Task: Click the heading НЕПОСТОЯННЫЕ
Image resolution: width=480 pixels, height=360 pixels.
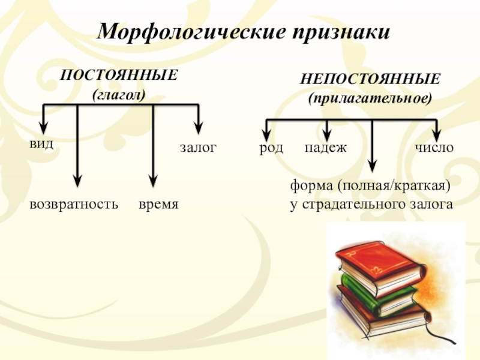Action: [371, 79]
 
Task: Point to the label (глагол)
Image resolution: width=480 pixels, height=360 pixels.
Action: [119, 94]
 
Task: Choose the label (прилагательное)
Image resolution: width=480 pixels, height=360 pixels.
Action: [370, 97]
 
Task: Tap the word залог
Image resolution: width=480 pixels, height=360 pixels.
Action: [197, 148]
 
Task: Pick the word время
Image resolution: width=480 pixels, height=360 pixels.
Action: [158, 204]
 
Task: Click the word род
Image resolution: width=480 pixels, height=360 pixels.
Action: [271, 148]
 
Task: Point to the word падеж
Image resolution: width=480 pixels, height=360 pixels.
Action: [325, 148]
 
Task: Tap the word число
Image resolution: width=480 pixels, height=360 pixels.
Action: [434, 148]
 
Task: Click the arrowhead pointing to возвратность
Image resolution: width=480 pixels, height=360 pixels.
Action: [77, 179]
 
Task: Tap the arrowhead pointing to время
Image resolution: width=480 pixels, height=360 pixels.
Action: [153, 179]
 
